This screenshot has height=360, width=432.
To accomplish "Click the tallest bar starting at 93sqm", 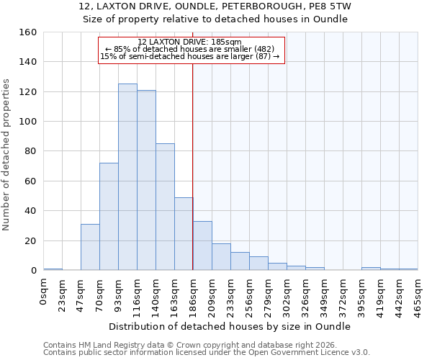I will coord(127,177).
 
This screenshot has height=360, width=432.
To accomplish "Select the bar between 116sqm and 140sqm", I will coord(146,180).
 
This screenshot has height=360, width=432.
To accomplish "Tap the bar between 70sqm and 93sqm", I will coord(109,216).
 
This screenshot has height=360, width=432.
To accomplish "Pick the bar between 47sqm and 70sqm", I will coord(90,247).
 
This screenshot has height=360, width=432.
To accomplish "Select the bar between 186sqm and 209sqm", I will coord(202,246).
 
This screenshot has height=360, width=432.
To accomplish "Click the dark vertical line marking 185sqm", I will coord(192,166).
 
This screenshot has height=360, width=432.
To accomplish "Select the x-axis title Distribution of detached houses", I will coord(230,327).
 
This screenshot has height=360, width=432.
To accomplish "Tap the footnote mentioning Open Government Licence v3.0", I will coord(207,353).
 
